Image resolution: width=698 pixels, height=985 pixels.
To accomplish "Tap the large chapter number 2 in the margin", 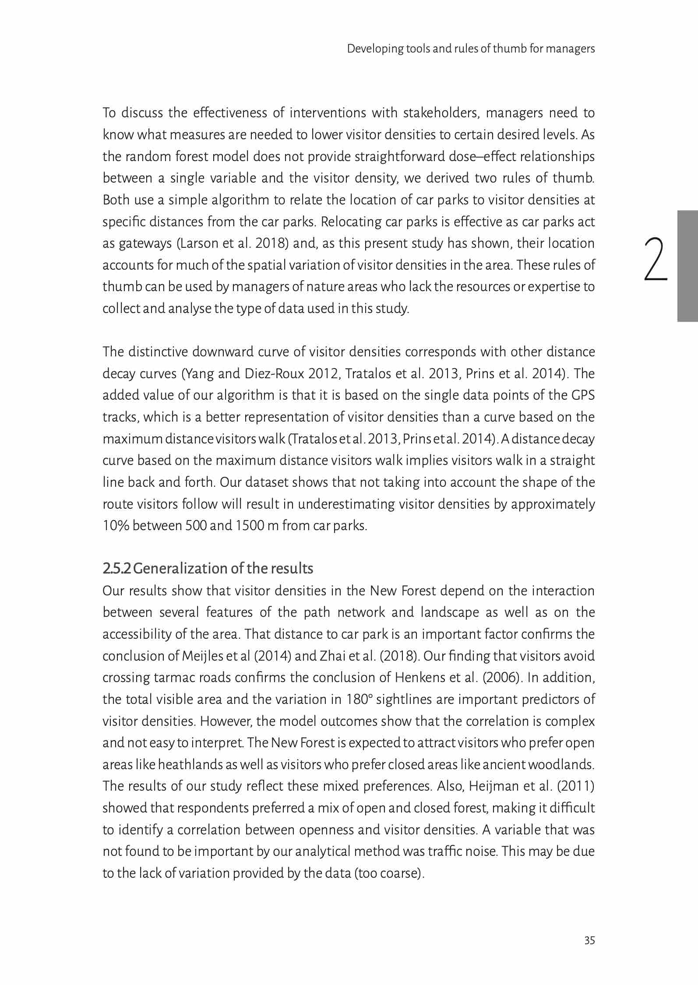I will click(x=656, y=259).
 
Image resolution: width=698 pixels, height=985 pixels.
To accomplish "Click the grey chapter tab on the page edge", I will click(x=687, y=266).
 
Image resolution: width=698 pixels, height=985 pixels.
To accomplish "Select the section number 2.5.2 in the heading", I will click(x=116, y=568).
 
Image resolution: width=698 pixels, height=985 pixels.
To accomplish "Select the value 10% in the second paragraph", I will click(x=116, y=525).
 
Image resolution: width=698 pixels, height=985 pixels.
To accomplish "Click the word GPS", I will click(x=583, y=395).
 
